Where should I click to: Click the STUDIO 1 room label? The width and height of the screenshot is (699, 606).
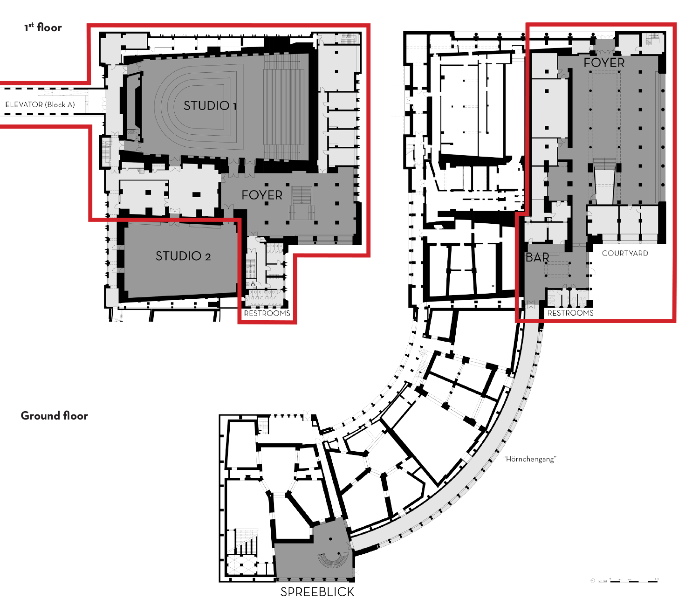coord(210,106)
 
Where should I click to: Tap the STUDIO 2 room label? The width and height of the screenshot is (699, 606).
coord(183,256)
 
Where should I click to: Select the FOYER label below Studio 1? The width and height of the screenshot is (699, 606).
coord(262,195)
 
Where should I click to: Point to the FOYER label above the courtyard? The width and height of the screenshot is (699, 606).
coord(604,62)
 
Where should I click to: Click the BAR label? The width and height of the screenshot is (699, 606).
coord(537,257)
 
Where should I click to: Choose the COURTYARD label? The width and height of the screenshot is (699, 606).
coord(625,253)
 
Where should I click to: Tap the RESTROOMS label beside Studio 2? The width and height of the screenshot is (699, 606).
coord(267,313)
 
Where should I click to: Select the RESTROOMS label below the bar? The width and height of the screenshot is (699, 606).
coord(570,313)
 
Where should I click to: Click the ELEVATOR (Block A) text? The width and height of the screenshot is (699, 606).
coord(40,104)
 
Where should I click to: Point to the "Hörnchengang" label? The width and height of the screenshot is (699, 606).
coord(530,459)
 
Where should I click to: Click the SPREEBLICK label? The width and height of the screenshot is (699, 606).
coord(317,592)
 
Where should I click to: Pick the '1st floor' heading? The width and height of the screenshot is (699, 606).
coord(43,28)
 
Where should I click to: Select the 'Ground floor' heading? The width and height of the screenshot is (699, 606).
coord(54,416)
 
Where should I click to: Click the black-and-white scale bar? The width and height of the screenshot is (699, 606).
coord(634,581)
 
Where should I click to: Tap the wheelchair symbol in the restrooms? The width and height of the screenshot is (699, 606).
coord(253,284)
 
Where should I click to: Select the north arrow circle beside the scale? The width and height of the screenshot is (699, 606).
coord(593,581)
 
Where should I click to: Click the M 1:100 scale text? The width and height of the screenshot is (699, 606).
coord(603,581)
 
